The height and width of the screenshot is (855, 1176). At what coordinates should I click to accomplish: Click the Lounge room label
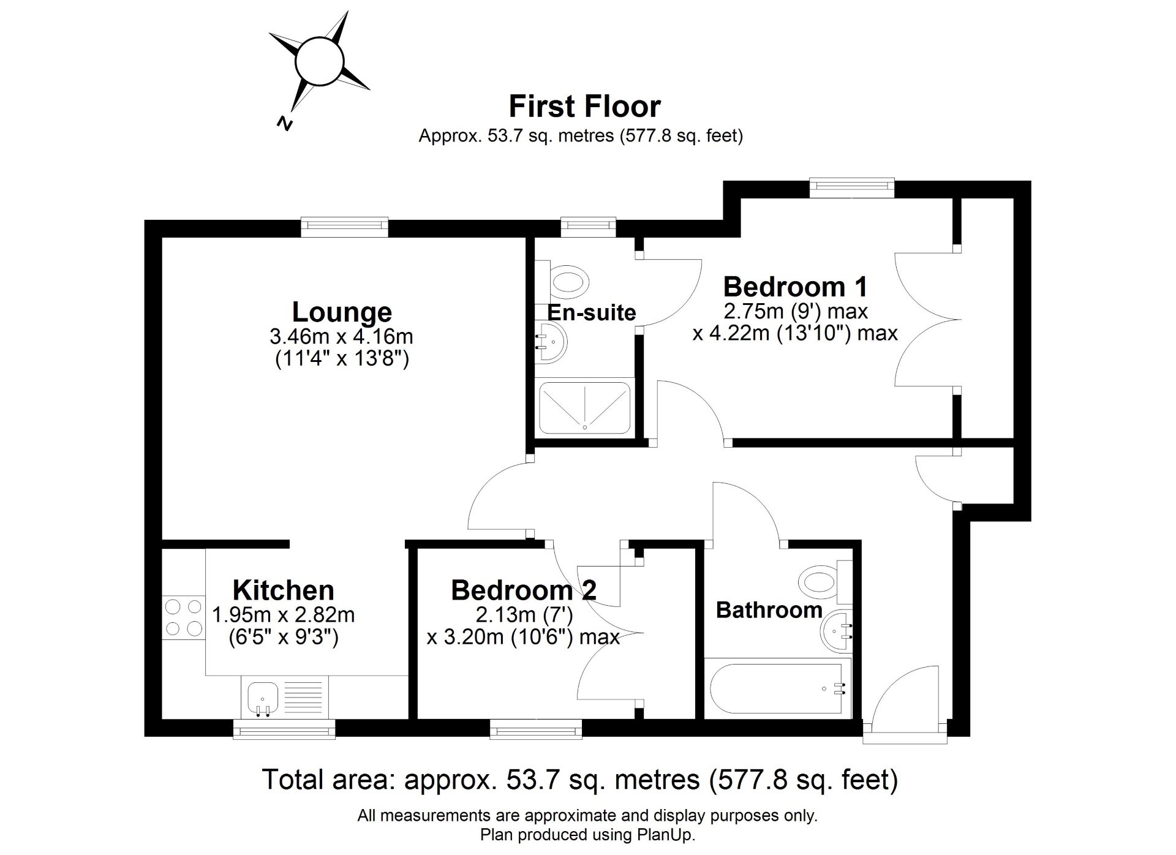click(342, 312)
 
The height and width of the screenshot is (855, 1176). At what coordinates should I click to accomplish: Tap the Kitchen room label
click(284, 590)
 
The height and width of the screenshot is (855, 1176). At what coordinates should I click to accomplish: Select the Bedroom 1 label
click(796, 287)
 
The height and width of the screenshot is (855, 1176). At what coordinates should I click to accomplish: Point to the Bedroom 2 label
click(524, 590)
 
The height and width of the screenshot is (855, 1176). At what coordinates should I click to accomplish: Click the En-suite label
click(591, 313)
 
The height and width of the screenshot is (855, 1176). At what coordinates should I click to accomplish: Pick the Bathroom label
click(769, 610)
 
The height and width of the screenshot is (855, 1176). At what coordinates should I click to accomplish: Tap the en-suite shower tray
click(584, 407)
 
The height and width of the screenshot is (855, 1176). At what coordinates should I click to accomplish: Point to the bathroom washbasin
click(837, 631)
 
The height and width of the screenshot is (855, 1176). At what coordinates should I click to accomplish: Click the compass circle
click(318, 62)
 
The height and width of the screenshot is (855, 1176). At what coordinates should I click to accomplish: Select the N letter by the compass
click(284, 123)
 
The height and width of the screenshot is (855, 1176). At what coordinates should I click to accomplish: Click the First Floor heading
click(585, 107)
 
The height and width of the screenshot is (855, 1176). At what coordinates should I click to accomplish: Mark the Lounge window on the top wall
click(345, 228)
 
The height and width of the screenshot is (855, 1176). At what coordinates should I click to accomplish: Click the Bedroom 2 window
click(536, 728)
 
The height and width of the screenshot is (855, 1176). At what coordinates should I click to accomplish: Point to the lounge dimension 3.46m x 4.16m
click(342, 336)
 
